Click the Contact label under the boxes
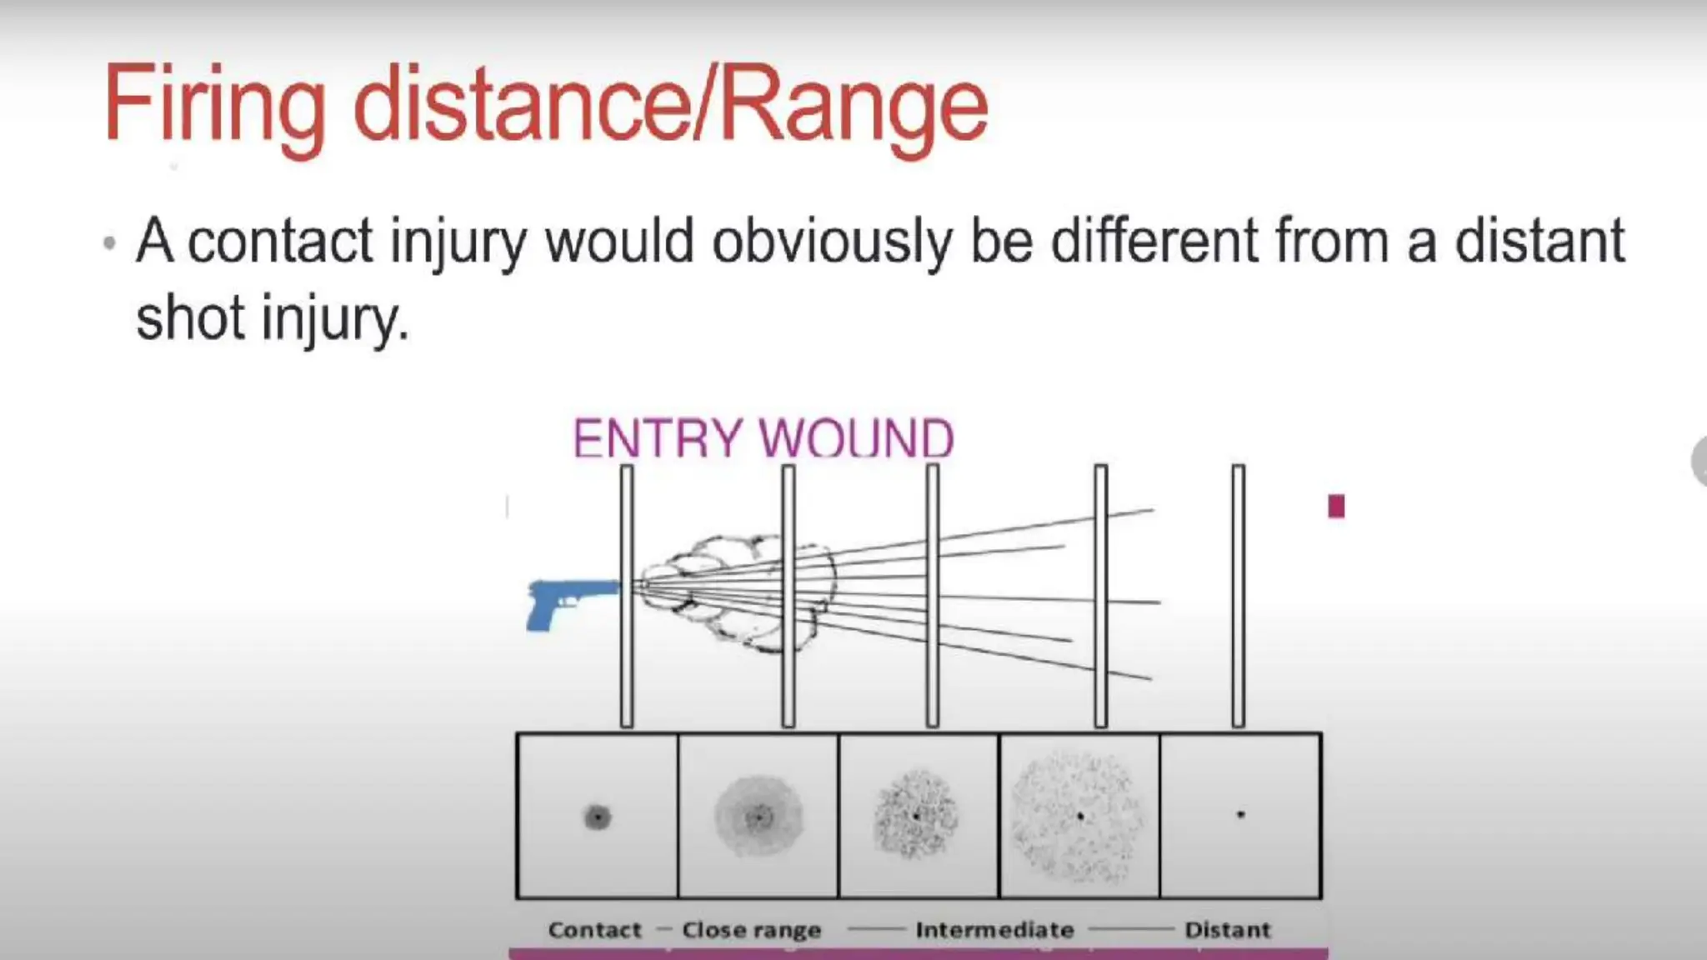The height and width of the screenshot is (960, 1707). click(594, 929)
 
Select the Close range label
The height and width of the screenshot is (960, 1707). click(751, 929)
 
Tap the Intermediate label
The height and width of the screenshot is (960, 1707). click(994, 929)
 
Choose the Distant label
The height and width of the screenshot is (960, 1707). click(1227, 929)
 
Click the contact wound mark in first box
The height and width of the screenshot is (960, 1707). click(597, 817)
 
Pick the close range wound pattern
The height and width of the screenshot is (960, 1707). click(758, 817)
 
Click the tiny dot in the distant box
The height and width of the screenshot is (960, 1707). click(1240, 814)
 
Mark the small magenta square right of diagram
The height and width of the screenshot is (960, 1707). click(1336, 507)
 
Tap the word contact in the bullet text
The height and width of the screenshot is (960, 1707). click(280, 242)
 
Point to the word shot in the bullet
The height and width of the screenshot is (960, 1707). click(191, 319)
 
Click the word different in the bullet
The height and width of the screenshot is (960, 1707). click(1154, 242)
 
